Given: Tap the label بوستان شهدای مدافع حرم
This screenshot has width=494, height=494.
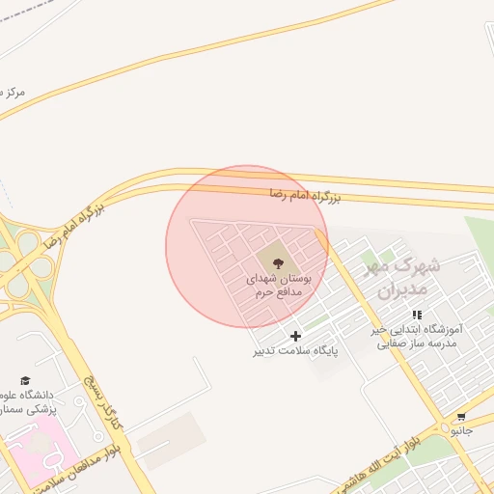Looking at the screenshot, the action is pyautogui.click(x=278, y=285).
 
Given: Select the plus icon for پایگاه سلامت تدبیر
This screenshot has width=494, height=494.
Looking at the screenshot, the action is pyautogui.click(x=295, y=336).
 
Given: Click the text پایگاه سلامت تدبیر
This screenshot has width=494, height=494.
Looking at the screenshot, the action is pyautogui.click(x=296, y=351).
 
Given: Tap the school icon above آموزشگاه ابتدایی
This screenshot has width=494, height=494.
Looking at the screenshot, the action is pyautogui.click(x=417, y=315).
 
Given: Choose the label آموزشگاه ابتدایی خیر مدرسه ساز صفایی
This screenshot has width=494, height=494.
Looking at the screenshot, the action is pyautogui.click(x=417, y=336).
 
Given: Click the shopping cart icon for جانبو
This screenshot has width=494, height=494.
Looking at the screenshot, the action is pyautogui.click(x=462, y=419).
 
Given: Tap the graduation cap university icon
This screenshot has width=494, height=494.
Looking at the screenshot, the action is pyautogui.click(x=25, y=381).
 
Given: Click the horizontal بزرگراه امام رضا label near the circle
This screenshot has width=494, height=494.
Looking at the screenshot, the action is pyautogui.click(x=305, y=196).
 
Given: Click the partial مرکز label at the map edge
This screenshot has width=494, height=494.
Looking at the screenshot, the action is pyautogui.click(x=14, y=93).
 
